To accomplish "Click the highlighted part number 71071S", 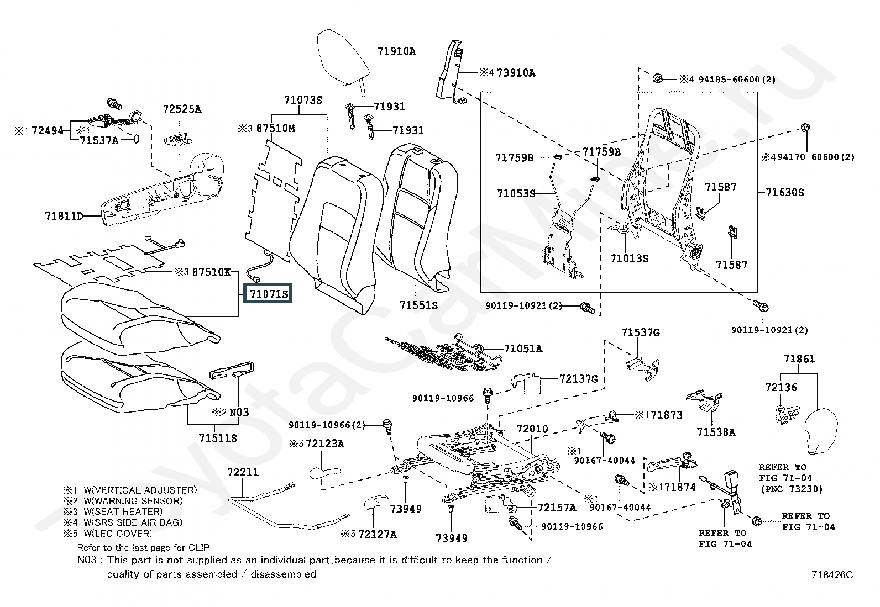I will (x=269, y=294).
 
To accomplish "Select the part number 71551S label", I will (x=418, y=305).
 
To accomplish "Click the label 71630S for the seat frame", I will (x=784, y=193).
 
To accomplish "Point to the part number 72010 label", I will (x=532, y=429).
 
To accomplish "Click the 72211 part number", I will (x=243, y=473).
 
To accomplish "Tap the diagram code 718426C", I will (x=832, y=575).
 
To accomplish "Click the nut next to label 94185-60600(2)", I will (x=657, y=78).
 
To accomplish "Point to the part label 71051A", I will (x=523, y=349).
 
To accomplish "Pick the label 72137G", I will (x=578, y=379).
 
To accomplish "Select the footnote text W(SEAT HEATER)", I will (x=123, y=511).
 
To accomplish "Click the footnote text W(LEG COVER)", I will (x=117, y=533).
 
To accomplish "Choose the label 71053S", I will (x=516, y=193).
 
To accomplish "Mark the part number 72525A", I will (x=182, y=109).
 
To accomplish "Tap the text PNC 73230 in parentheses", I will (x=792, y=489).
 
